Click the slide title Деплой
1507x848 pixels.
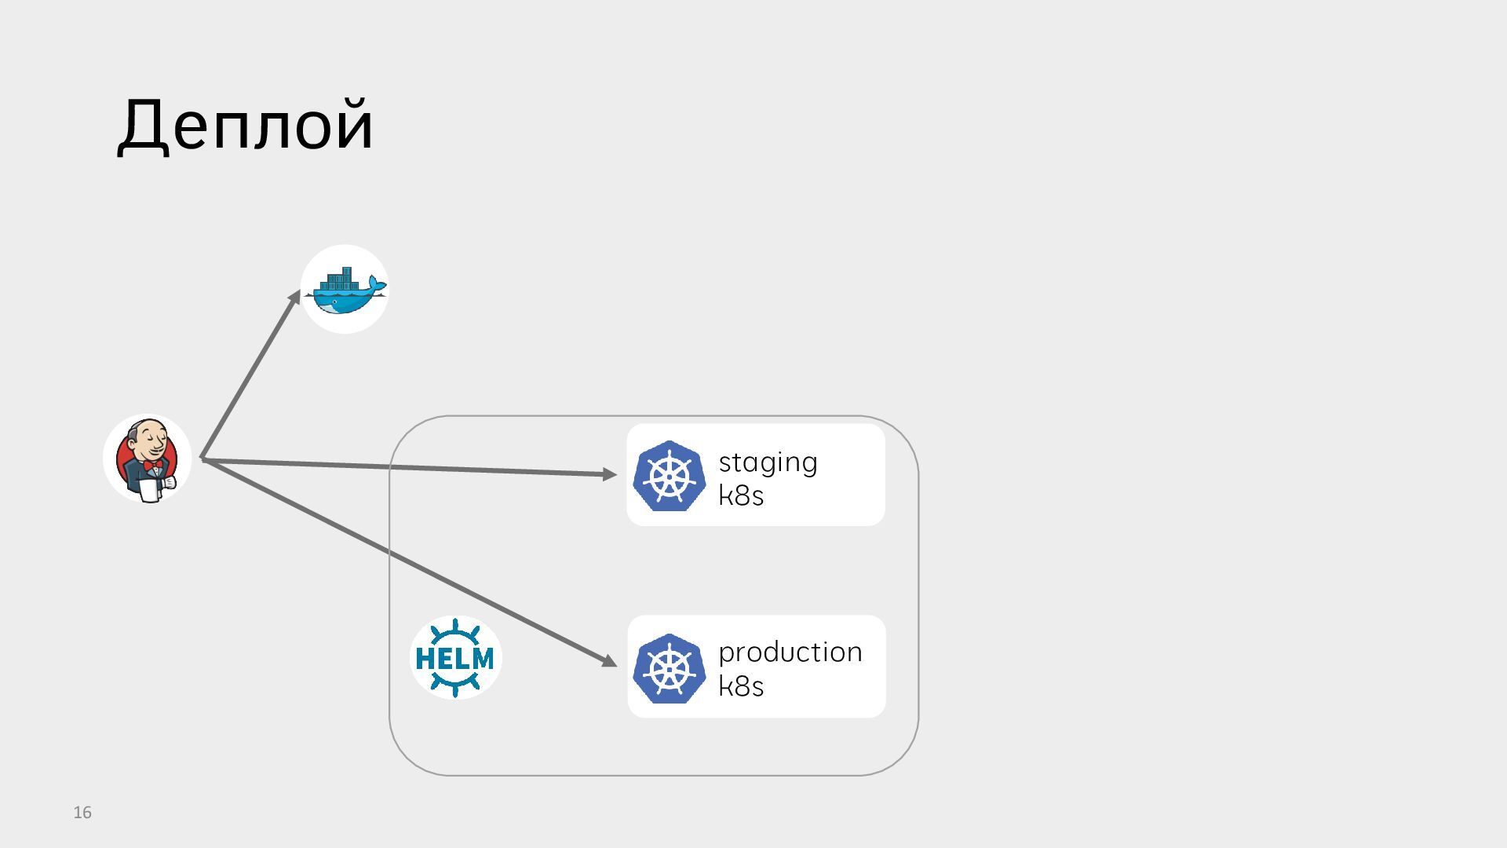(x=245, y=126)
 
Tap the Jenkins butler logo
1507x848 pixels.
(x=148, y=459)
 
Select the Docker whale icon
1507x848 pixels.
(x=345, y=290)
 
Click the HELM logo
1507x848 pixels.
(x=455, y=658)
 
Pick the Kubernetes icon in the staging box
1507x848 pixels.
(x=669, y=476)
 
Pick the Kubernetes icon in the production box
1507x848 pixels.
(x=669, y=668)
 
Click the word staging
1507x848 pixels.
(x=768, y=462)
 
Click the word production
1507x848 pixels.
(x=790, y=652)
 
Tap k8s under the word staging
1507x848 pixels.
(x=741, y=496)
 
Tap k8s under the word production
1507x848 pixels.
(x=741, y=687)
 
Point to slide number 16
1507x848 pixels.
(x=82, y=813)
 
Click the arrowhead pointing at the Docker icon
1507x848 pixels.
(x=295, y=298)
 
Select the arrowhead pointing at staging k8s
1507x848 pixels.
(x=609, y=473)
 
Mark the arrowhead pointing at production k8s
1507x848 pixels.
(x=609, y=661)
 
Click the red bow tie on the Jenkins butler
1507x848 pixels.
(x=154, y=466)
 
